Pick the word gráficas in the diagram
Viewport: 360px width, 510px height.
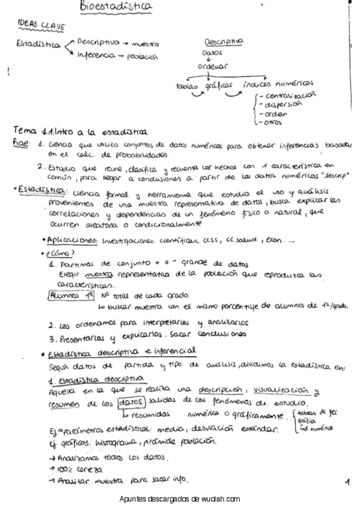pyautogui.click(x=219, y=85)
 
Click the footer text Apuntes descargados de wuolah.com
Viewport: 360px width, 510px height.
pyautogui.click(x=180, y=499)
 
